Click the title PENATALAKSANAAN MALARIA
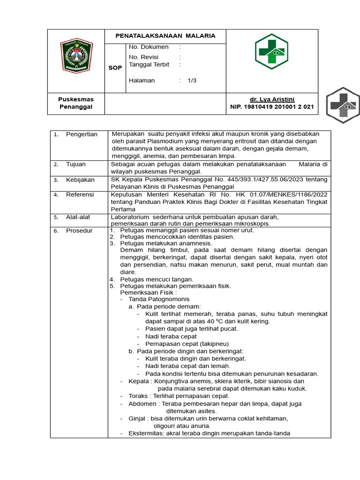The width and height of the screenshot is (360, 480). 166,36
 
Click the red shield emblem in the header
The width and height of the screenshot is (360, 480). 76,55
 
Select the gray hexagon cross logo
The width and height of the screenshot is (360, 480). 343,105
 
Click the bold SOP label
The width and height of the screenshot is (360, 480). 115,68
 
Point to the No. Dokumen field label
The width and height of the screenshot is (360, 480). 149,47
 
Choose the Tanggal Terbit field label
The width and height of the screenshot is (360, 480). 149,65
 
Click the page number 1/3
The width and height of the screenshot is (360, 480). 192,80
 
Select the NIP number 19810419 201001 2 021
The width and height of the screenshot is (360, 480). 272,107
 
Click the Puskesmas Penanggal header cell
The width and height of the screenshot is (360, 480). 76,103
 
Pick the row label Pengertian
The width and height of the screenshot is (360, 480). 82,135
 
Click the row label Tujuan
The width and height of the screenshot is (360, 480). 75,165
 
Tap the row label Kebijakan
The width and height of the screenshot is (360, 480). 80,180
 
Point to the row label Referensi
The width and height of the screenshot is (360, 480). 80,195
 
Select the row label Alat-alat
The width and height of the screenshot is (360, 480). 78,217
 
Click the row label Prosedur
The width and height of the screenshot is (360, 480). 79,231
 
